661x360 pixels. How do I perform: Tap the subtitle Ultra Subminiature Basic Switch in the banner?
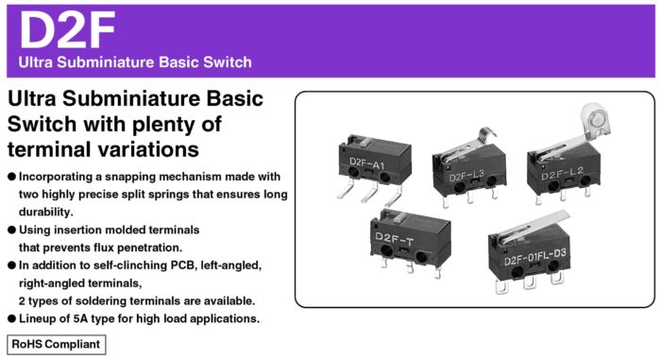pos(135,62)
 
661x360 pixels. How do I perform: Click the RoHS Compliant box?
pos(56,343)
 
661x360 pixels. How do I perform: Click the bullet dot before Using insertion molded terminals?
pos(11,231)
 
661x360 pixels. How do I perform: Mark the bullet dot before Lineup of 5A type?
pos(11,318)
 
